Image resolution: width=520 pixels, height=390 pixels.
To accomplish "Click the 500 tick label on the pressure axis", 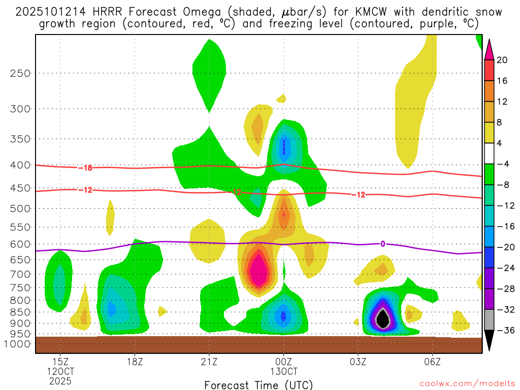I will point(20,209).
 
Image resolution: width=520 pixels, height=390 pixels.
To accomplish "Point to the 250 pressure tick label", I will point(20,73).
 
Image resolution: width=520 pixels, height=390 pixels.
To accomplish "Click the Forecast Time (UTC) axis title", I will point(258,384).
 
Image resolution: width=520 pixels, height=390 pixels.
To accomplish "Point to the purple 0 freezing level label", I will point(382,244).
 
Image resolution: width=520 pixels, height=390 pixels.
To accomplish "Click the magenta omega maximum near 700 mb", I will point(258,269).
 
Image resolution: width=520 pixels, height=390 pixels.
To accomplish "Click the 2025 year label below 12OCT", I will point(60,380).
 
